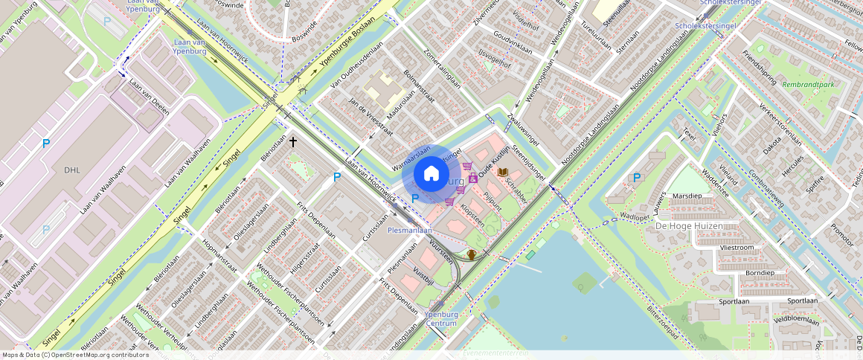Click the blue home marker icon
[431, 174]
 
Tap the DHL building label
[71, 170]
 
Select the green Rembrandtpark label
[808, 84]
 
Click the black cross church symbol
[293, 141]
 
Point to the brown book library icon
[503, 173]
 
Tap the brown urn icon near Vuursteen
[472, 255]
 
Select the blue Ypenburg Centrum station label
[440, 318]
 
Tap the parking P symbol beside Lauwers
[636, 178]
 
